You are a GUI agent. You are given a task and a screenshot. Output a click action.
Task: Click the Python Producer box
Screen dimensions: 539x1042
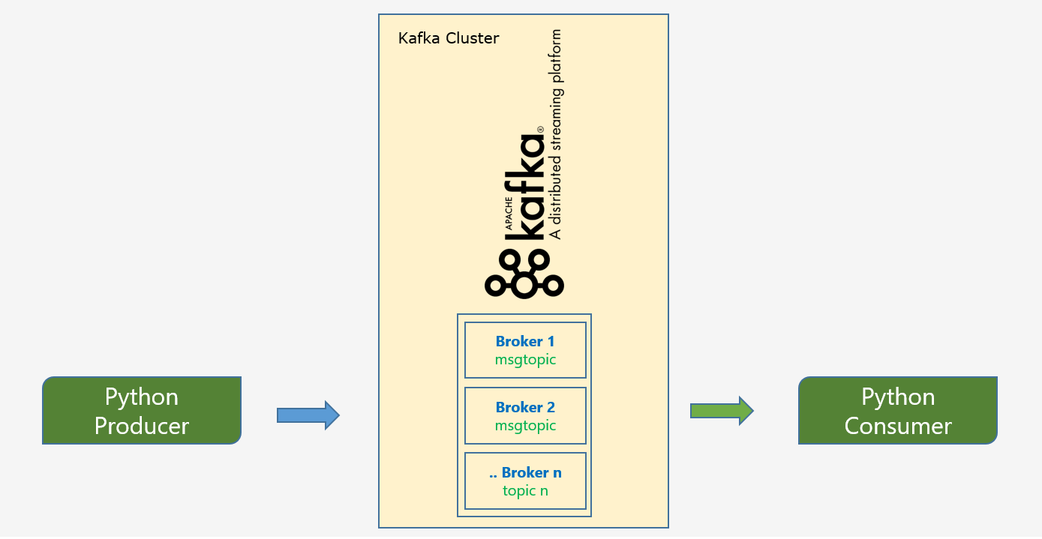[141, 411]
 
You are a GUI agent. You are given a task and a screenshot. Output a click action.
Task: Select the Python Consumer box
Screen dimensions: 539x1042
[897, 411]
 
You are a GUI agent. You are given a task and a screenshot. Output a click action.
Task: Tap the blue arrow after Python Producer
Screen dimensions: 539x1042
[308, 415]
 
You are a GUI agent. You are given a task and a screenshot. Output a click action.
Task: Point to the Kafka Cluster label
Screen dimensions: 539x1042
[449, 38]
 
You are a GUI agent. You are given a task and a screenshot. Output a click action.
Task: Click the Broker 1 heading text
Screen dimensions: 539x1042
[525, 342]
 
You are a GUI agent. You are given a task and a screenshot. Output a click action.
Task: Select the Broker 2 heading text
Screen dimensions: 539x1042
[525, 408]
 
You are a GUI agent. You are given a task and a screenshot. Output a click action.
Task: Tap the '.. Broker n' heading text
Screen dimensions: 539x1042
[525, 473]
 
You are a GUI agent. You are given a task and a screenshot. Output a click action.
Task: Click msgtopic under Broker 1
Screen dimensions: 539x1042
[525, 360]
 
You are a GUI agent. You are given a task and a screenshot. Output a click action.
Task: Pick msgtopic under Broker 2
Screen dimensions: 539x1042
[525, 426]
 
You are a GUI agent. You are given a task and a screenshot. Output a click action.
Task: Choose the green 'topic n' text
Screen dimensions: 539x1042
[525, 491]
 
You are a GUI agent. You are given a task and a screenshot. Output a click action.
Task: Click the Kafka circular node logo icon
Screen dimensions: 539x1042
[524, 274]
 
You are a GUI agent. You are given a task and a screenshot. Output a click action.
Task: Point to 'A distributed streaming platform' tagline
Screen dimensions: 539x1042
[555, 135]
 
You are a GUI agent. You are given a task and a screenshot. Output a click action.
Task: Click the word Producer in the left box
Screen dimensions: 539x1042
[141, 427]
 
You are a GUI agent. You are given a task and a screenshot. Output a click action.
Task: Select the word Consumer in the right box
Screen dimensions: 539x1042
[897, 427]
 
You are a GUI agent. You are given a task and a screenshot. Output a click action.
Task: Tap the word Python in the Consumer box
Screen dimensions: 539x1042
[897, 397]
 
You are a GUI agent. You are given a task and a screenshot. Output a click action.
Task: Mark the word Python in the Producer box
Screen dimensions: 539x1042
[141, 397]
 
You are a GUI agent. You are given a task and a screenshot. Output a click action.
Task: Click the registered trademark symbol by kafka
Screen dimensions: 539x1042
[539, 130]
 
